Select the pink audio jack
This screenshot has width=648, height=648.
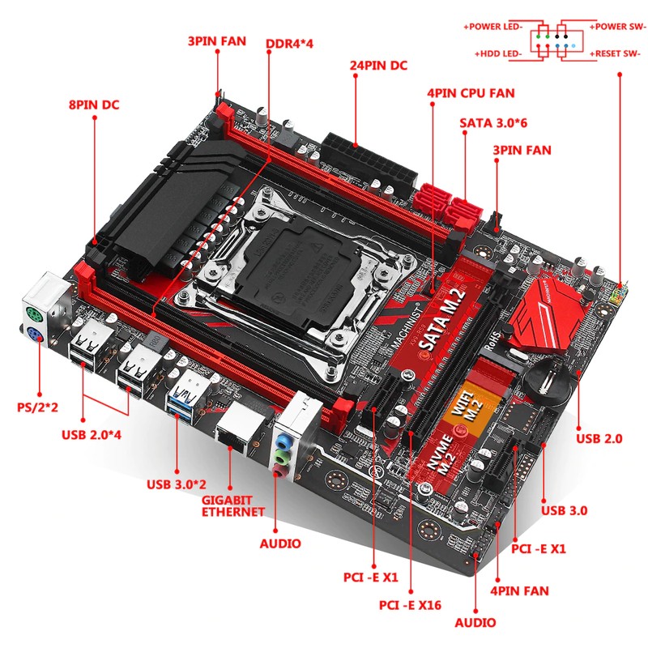pos(279,471)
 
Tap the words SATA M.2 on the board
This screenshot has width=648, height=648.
pos(443,319)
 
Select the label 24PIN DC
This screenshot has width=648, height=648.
pos(378,66)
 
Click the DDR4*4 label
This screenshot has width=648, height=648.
pos(289,44)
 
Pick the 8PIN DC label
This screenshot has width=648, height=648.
pos(94,104)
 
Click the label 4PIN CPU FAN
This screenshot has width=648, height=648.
pos(471,93)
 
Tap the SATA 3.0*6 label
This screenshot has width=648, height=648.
pos(493,123)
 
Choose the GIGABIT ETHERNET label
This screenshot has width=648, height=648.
pos(232,506)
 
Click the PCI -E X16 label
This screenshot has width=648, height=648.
pos(410,605)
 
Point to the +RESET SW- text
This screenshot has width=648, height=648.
pos(615,53)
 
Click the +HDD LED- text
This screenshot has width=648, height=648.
pos(498,53)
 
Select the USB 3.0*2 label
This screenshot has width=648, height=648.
pos(177,484)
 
